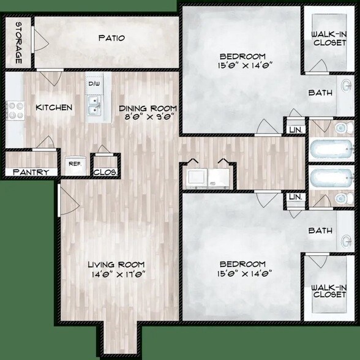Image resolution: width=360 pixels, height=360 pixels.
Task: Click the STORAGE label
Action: point(18,43)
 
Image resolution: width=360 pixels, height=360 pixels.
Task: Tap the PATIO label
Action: point(111,38)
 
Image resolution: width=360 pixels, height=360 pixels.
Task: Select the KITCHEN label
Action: point(54,108)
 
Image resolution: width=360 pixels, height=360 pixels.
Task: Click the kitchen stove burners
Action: point(14,110)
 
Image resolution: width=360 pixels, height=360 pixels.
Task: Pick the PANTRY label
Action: point(30,173)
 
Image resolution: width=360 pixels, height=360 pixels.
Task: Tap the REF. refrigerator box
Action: point(75,164)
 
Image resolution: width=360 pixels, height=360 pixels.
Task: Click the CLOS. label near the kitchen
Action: point(105,173)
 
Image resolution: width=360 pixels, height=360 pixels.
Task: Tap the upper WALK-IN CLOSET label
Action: point(329,38)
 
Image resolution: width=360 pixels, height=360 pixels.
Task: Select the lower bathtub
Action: point(331,179)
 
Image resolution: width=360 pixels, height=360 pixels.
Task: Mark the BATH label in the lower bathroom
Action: point(320,231)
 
